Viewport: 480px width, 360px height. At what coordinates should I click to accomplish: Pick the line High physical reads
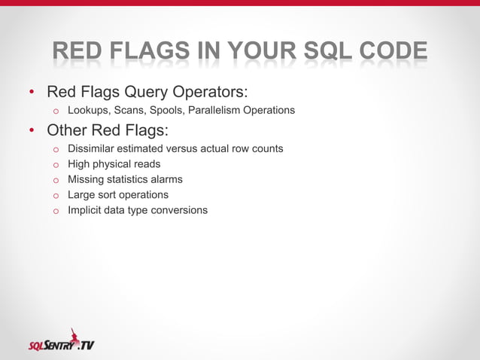[x=114, y=163]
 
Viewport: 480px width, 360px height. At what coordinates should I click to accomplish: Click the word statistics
[x=133, y=179]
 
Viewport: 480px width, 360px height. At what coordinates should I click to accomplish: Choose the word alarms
[x=168, y=179]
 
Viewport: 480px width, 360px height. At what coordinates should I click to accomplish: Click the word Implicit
[x=86, y=210]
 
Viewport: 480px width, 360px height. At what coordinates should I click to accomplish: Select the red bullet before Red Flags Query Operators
[x=32, y=93]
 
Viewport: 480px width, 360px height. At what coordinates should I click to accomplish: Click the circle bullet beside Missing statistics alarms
[x=55, y=180]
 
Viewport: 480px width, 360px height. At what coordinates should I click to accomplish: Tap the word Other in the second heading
[x=68, y=130]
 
